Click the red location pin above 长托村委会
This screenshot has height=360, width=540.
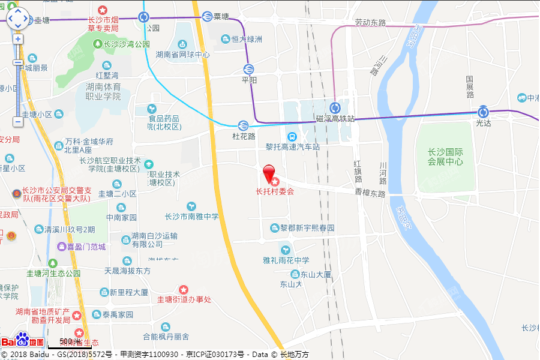tap(271, 173)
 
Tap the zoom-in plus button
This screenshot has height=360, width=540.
tap(18, 39)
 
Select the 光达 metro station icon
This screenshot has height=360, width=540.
tap(484, 112)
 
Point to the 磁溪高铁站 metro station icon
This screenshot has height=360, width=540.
tap(335, 108)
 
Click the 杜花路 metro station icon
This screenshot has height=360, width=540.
tap(243, 125)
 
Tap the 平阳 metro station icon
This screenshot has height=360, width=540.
tap(248, 69)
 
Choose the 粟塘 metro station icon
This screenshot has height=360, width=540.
tap(207, 16)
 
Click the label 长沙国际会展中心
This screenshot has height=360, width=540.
tap(445, 157)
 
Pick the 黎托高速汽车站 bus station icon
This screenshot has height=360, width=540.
tap(292, 136)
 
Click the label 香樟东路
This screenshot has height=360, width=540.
tap(370, 194)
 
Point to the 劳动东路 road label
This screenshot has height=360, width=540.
tap(370, 23)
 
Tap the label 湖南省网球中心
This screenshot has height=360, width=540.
tap(183, 55)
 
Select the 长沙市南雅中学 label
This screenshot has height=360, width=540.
tap(192, 216)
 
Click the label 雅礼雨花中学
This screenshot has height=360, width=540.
tap(286, 260)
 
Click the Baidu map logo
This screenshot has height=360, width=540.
tap(22, 341)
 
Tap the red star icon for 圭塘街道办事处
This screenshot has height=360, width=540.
tap(184, 290)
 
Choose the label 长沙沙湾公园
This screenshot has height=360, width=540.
tap(127, 44)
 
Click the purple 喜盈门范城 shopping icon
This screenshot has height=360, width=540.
tap(61, 247)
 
